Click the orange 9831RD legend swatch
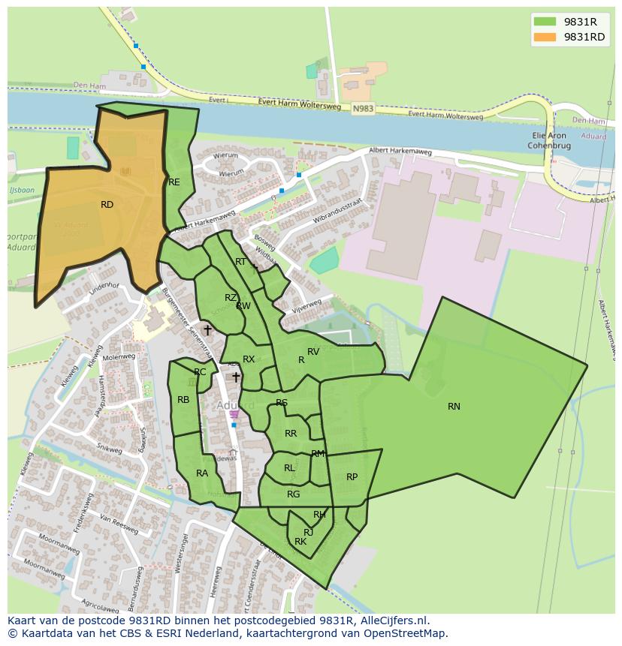coord(546,37)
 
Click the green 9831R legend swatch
coord(546,21)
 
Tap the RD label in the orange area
coord(107,204)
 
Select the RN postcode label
coord(454,407)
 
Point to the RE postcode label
coord(174,182)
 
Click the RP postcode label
coord(352,477)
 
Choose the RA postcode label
coord(202,473)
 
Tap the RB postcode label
coord(183,400)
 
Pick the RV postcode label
coord(313,352)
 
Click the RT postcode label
coord(240,262)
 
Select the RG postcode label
coord(293,494)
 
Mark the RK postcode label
coord(300,542)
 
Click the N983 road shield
coord(363,109)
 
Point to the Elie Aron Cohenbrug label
coord(548,140)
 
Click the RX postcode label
coord(249,359)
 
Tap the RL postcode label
coord(289,468)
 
